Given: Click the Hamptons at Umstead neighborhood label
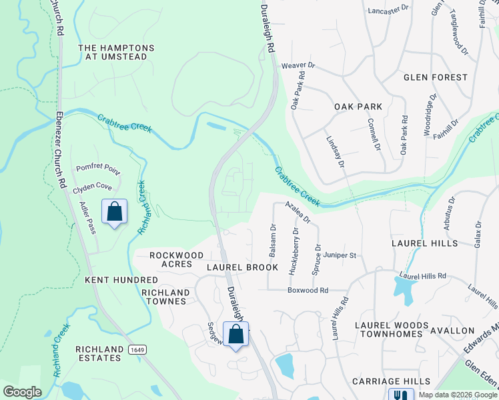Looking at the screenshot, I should pyautogui.click(x=116, y=53).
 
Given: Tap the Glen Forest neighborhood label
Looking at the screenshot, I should pyautogui.click(x=436, y=77).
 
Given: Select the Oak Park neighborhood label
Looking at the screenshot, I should pyautogui.click(x=358, y=107).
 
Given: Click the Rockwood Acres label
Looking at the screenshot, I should pyautogui.click(x=176, y=259).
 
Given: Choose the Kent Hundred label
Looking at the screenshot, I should pyautogui.click(x=112, y=280).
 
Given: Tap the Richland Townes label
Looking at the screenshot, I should pyautogui.click(x=164, y=297).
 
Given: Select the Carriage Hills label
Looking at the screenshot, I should pyautogui.click(x=392, y=381).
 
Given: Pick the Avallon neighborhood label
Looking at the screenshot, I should pyautogui.click(x=462, y=330).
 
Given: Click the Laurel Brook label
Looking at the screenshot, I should pyautogui.click(x=241, y=267).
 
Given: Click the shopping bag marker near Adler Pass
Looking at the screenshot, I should pyautogui.click(x=114, y=212).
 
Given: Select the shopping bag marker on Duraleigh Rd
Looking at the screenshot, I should pyautogui.click(x=235, y=335).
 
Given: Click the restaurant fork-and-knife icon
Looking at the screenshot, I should pyautogui.click(x=401, y=395).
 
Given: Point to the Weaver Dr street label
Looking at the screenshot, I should pyautogui.click(x=298, y=65).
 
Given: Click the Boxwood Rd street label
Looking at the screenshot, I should pyautogui.click(x=308, y=291).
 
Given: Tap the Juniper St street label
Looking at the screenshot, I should pyautogui.click(x=340, y=255).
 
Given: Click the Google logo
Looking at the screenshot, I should pyautogui.click(x=22, y=392).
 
